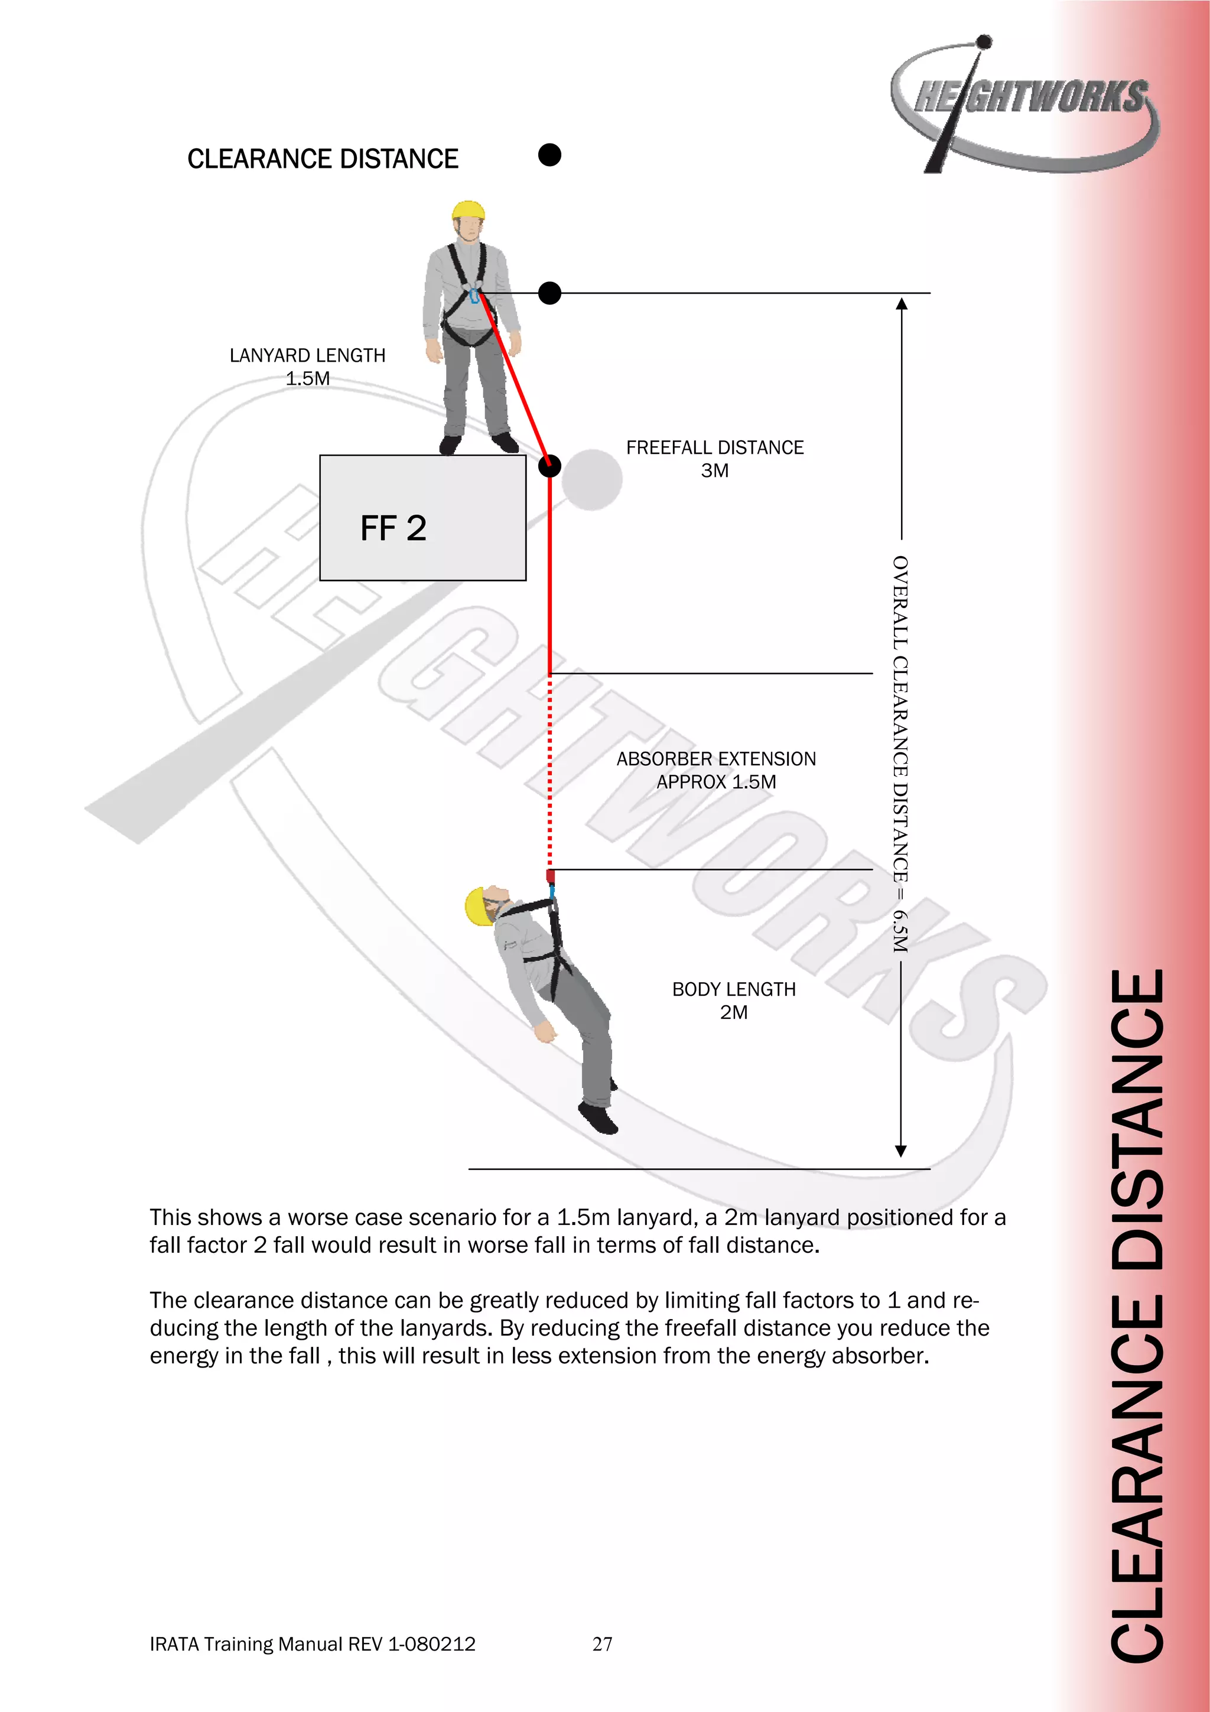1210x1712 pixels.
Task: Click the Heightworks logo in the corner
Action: pyautogui.click(x=1025, y=105)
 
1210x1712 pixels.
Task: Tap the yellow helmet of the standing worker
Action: pyautogui.click(x=468, y=210)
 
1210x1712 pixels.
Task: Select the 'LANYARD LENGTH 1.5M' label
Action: pyautogui.click(x=307, y=366)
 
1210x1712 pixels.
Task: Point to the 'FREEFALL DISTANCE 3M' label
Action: pyautogui.click(x=714, y=459)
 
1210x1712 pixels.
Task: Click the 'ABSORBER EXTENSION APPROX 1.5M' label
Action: pyautogui.click(x=715, y=769)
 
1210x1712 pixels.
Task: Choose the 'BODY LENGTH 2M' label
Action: pyautogui.click(x=734, y=1000)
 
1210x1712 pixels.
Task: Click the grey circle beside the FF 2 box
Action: pyautogui.click(x=592, y=479)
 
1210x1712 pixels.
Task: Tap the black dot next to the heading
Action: pyautogui.click(x=549, y=155)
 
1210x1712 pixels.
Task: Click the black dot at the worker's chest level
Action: pyautogui.click(x=549, y=293)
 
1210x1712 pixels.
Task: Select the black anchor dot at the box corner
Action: pyautogui.click(x=549, y=467)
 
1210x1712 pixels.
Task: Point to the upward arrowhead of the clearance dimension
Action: pyautogui.click(x=902, y=304)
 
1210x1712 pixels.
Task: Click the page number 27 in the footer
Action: pyautogui.click(x=603, y=1643)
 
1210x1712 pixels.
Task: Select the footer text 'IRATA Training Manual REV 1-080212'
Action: pyautogui.click(x=313, y=1643)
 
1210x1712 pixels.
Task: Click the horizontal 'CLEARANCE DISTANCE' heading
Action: pyautogui.click(x=322, y=159)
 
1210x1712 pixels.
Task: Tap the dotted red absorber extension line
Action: pyautogui.click(x=550, y=772)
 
